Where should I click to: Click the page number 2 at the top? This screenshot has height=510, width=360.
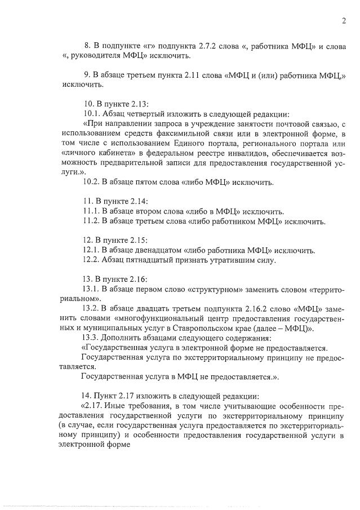pyautogui.click(x=343, y=21)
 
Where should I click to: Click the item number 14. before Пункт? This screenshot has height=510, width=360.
pyautogui.click(x=88, y=396)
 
